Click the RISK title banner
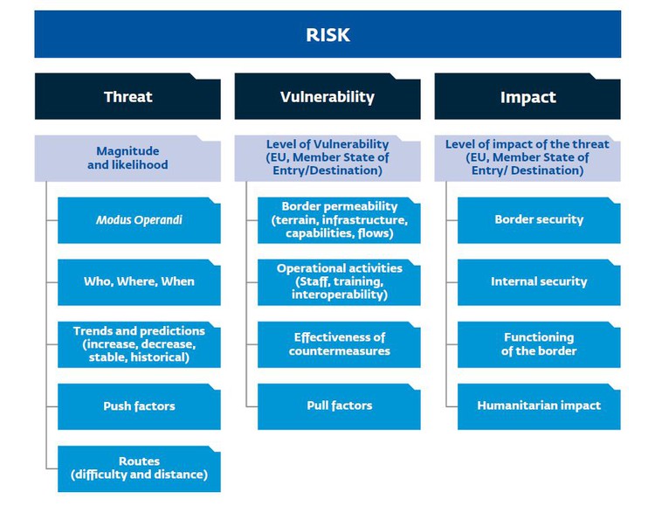coord(327,34)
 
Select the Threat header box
coord(128,96)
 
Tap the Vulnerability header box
coord(327,96)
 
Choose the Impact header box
coord(527,96)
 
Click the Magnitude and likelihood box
coord(128,158)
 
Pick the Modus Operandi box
coord(139,220)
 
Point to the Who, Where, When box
coord(139,282)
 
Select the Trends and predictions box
coord(139,344)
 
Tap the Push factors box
coord(139,406)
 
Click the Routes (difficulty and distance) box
coord(139,468)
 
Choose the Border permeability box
coord(339,220)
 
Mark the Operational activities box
coord(339,282)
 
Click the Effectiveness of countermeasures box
coord(339,344)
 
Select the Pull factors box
coord(339,406)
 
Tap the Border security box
coord(539,220)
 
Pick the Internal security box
coord(539,282)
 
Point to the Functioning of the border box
coord(539,344)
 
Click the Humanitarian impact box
coord(539,406)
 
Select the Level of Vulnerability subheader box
coord(327,158)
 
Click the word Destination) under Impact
coord(548,170)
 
